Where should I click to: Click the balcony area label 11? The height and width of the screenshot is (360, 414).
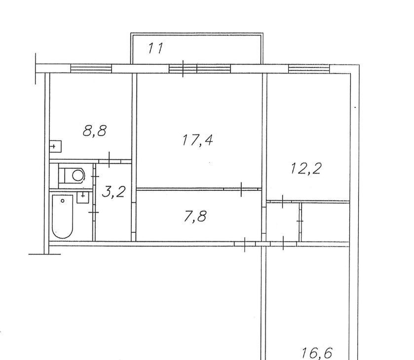tap(155, 48)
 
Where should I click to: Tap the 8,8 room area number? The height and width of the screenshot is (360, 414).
tap(94, 131)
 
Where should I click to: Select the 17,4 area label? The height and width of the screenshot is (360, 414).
tap(197, 140)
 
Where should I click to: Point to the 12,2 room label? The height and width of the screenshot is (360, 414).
tap(306, 168)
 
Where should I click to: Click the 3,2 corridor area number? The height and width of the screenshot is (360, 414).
tap(113, 192)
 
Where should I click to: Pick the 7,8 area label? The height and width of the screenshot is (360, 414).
tap(195, 216)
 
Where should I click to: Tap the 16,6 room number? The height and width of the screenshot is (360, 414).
tap(317, 353)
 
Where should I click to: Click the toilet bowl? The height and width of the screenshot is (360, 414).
tap(75, 175)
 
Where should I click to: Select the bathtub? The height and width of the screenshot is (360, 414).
tap(63, 216)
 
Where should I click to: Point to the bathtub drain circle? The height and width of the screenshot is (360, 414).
tap(63, 201)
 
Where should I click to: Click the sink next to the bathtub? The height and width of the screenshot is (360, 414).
tap(83, 197)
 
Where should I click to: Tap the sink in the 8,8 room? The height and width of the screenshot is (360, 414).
tap(55, 146)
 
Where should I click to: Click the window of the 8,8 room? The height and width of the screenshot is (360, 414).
tap(91, 69)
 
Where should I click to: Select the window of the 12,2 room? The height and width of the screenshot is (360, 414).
tap(309, 69)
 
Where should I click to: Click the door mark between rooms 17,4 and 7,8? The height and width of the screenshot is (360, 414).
tap(241, 189)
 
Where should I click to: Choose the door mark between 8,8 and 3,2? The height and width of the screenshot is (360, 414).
tap(110, 160)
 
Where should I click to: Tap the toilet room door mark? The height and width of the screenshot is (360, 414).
tap(95, 176)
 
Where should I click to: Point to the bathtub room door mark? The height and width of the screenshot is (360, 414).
tap(94, 213)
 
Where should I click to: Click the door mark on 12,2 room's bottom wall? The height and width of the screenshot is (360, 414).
tap(283, 201)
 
